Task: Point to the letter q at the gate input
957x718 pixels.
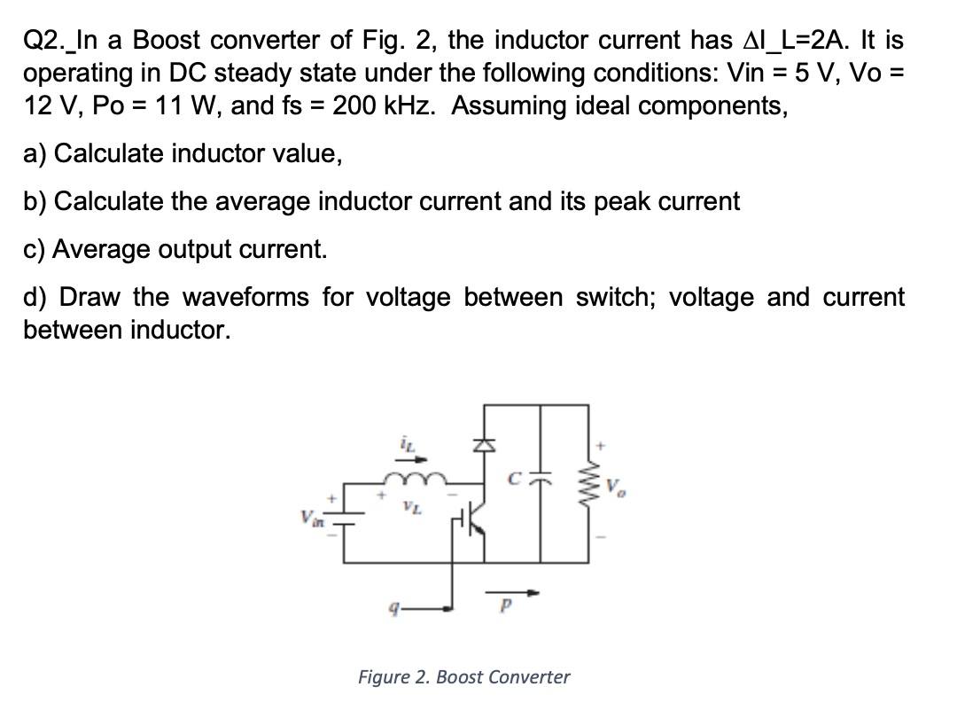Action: click(380, 611)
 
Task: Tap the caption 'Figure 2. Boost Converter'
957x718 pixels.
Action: click(463, 677)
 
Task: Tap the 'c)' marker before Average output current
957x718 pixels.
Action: click(35, 249)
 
